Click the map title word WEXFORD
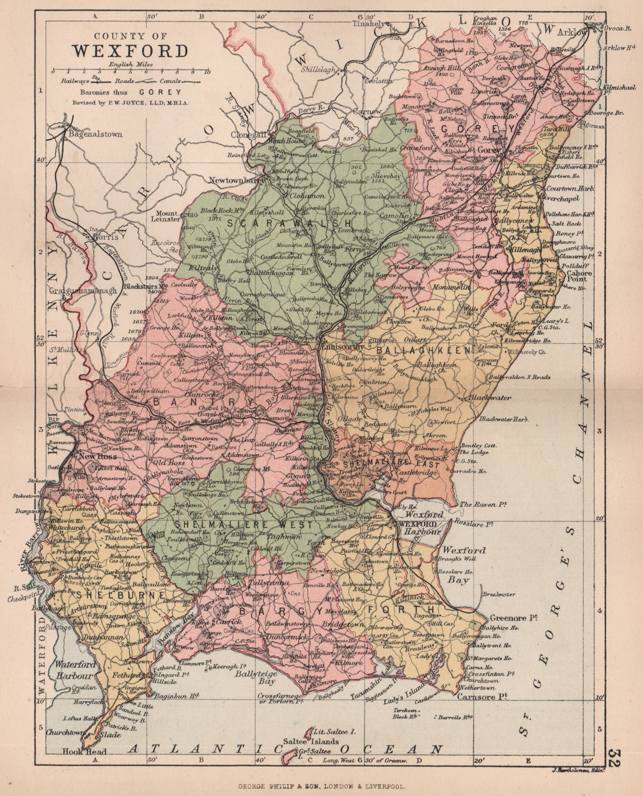(x=131, y=51)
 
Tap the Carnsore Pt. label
(x=479, y=698)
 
